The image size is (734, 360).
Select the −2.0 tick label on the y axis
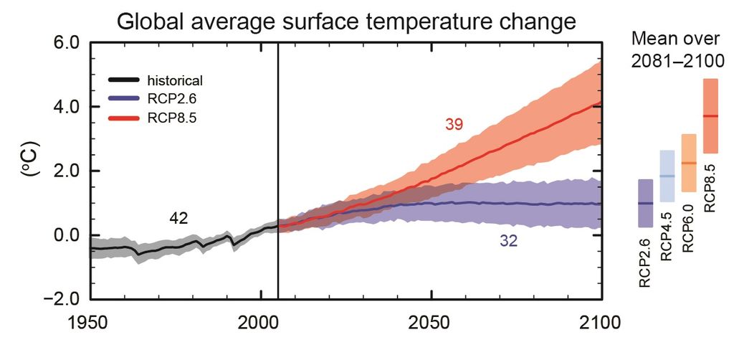55,300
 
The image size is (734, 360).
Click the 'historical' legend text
177,80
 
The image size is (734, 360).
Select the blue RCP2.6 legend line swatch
126,98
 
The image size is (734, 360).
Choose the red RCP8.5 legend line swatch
126,117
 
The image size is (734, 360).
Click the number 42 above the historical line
178,219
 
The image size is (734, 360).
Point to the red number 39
453,125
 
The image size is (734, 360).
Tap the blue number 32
510,242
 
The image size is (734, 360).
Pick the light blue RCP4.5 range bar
667,176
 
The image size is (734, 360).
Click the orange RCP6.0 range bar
688,163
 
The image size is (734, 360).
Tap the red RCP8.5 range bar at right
710,115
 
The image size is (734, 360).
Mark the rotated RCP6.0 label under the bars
689,227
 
